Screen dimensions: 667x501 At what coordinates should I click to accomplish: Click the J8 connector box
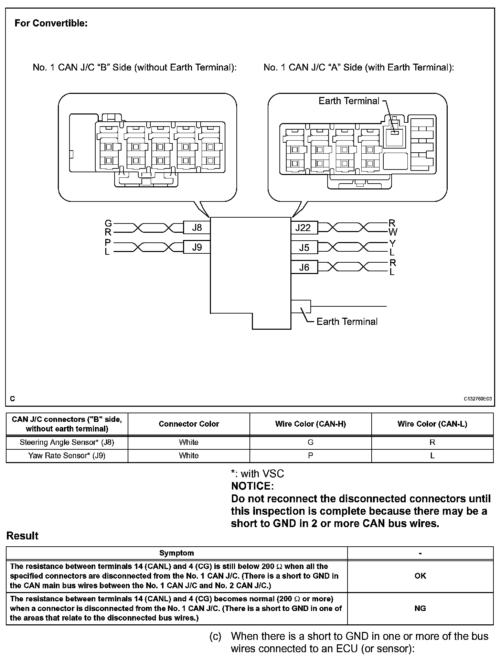(x=197, y=228)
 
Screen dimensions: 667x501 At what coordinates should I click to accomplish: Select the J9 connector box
(x=197, y=247)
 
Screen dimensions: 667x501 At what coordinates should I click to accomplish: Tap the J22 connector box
(x=304, y=228)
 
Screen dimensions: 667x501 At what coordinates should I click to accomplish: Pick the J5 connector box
(x=304, y=248)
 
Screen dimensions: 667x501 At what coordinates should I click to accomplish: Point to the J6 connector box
(x=304, y=267)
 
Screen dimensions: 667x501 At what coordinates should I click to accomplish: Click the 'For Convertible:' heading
(x=51, y=23)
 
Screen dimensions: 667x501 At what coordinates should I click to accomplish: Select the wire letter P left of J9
(x=108, y=243)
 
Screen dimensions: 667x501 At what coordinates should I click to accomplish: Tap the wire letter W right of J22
(x=393, y=232)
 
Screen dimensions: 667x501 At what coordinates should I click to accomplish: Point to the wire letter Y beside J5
(x=392, y=243)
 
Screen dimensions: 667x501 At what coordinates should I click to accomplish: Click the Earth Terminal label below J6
(x=347, y=321)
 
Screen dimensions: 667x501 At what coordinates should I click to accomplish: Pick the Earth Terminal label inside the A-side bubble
(x=349, y=101)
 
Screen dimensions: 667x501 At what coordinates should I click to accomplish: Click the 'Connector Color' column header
(x=189, y=424)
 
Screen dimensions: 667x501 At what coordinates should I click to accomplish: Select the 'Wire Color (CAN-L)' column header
(x=432, y=424)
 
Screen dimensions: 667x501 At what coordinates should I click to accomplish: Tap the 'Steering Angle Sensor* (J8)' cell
(x=67, y=442)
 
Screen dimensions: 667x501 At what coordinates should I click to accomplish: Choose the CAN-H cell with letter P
(x=310, y=456)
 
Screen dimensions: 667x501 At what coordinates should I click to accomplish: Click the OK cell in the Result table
(x=420, y=576)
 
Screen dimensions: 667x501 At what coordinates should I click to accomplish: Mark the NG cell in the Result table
(x=420, y=608)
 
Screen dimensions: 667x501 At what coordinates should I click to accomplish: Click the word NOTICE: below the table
(x=252, y=486)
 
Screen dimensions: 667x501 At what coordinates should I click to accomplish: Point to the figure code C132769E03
(x=478, y=399)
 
